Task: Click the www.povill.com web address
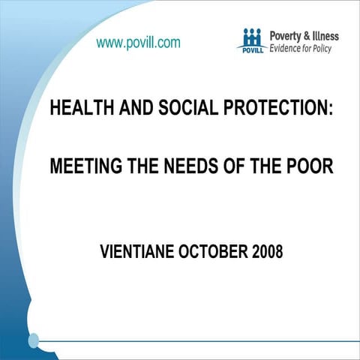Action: pyautogui.click(x=138, y=43)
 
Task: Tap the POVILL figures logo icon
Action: pyautogui.click(x=252, y=39)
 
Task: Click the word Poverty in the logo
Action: pyautogui.click(x=286, y=35)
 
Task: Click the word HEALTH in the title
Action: pyautogui.click(x=78, y=108)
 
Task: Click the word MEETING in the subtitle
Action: pyautogui.click(x=82, y=166)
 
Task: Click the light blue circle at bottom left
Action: pyautogui.click(x=33, y=340)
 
